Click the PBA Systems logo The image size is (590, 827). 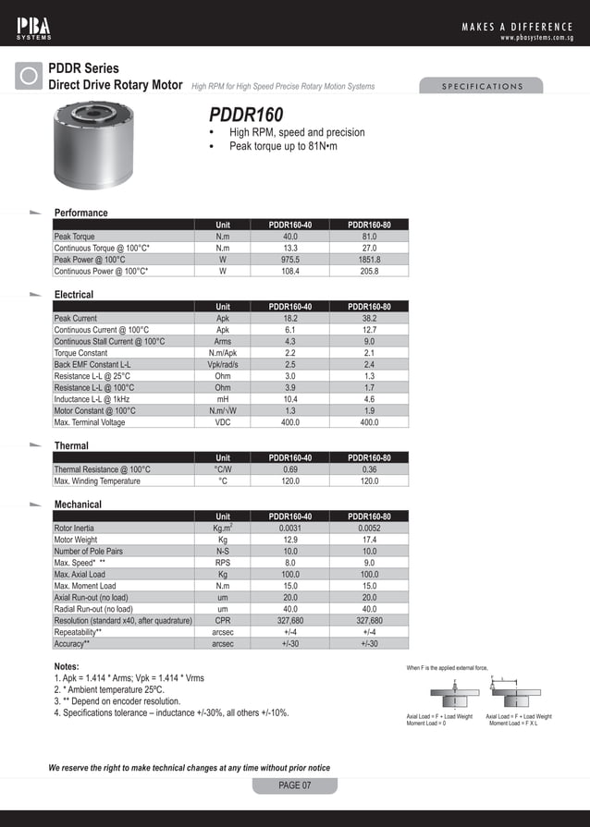[34, 27]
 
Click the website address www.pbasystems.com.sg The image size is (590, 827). [536, 38]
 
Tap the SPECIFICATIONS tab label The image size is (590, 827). [482, 87]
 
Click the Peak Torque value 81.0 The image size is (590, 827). [369, 237]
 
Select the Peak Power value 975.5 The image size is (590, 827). [289, 261]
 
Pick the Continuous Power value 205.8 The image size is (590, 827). [369, 272]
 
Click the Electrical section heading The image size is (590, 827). [74, 295]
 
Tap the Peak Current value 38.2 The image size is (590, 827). [369, 319]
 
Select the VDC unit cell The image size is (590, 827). [223, 422]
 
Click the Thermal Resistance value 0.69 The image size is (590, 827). [289, 469]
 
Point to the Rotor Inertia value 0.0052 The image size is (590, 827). [369, 529]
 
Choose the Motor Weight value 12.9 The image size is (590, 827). [289, 540]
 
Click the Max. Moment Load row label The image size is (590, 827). [85, 586]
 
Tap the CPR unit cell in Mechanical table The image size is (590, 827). [223, 621]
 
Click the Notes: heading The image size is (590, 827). [67, 666]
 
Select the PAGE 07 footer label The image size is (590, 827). [295, 785]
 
